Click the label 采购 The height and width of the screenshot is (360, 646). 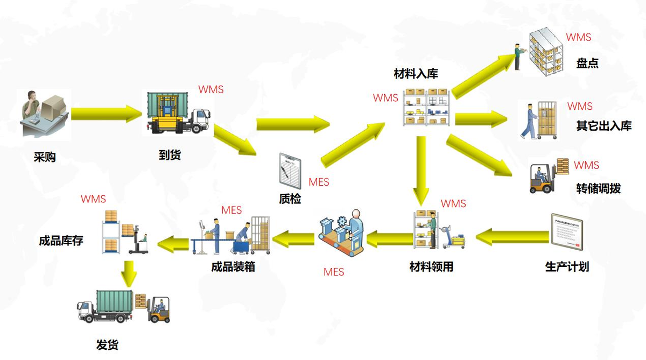coord(45,158)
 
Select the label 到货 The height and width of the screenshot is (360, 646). coord(170,155)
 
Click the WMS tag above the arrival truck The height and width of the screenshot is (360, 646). coord(210,89)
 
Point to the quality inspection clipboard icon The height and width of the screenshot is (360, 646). coord(290,171)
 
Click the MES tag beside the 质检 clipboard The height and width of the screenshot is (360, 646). coord(319,182)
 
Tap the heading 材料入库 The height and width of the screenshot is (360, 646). coord(416,74)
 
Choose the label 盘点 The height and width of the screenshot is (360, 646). coord(587,63)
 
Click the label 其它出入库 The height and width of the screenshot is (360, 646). coord(603,126)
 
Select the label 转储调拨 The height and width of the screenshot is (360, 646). coord(598,188)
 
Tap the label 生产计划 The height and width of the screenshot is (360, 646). coord(567,266)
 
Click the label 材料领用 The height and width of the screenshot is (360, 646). coord(431,266)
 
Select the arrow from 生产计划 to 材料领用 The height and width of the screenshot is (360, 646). coord(511,235)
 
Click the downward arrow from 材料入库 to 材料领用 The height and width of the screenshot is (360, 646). coord(421,168)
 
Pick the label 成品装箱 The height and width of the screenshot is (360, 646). coord(233,266)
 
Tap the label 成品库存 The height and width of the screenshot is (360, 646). coord(61,241)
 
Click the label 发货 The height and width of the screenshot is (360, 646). coord(107,344)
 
